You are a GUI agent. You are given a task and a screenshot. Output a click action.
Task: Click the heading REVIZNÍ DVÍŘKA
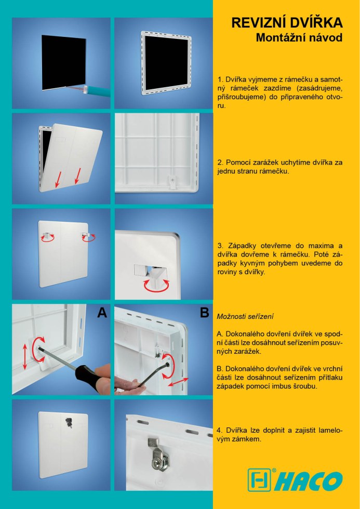[287, 23]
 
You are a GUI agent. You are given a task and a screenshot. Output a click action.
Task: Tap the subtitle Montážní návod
[299, 37]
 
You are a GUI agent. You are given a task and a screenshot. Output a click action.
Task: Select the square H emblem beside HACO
[259, 480]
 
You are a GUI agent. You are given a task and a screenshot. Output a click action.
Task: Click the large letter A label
[102, 312]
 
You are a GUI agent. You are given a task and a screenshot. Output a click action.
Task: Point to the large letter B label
[205, 312]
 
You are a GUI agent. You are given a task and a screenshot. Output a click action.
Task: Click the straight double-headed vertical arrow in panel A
[25, 357]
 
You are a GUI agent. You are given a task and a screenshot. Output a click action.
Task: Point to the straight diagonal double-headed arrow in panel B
[178, 382]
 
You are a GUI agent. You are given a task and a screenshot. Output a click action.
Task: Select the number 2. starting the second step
[220, 162]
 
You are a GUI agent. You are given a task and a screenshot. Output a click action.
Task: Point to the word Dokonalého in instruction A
[245, 333]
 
